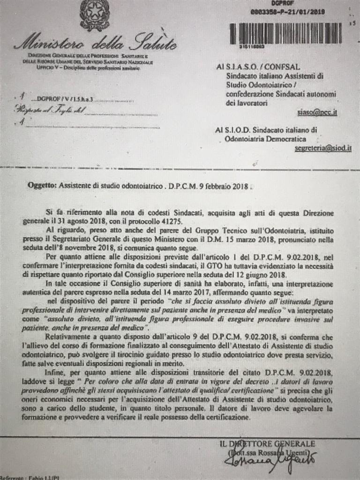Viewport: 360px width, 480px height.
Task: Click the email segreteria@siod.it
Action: [x=323, y=149]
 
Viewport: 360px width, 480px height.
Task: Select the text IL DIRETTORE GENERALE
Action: [x=267, y=443]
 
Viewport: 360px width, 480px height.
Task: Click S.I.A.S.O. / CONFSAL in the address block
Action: [x=266, y=67]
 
